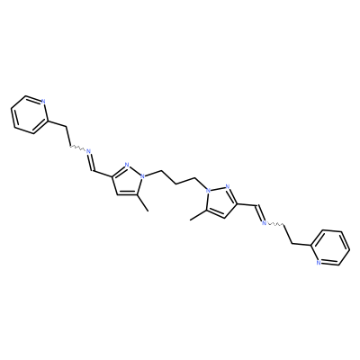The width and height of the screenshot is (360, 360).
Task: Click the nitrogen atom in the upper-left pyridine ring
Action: [x=43, y=101]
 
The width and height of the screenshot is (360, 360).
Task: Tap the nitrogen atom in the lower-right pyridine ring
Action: [x=318, y=263]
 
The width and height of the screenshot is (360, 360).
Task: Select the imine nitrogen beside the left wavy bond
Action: [x=88, y=151]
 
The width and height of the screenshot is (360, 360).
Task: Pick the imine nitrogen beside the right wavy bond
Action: [x=265, y=222]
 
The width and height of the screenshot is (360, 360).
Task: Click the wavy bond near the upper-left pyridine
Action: [x=77, y=148]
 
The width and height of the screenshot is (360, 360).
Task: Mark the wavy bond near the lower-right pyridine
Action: [x=275, y=224]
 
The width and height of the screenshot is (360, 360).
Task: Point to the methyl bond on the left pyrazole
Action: [x=143, y=202]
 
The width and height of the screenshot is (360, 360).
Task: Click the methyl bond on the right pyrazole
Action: [x=198, y=215]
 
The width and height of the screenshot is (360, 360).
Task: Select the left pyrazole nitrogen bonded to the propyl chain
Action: [x=143, y=176]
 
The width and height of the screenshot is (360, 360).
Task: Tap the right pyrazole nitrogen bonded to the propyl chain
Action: [x=207, y=190]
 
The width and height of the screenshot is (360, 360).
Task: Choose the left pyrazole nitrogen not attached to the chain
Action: [x=127, y=165]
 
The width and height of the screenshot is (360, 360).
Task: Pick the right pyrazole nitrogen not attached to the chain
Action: [x=227, y=187]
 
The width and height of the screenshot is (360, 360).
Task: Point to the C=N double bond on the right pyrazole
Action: [x=233, y=196]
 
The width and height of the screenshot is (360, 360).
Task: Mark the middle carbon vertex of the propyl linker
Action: [x=176, y=184]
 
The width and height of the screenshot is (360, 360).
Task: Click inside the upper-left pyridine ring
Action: [x=29, y=115]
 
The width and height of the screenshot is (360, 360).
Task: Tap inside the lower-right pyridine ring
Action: [x=330, y=247]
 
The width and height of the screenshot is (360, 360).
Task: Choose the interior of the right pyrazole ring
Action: [x=221, y=202]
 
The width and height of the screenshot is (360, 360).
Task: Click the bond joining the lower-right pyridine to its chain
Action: [x=301, y=245]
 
